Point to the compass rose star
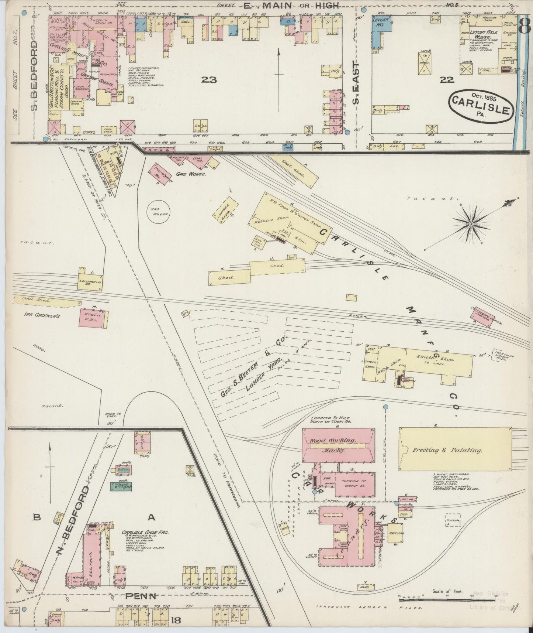pos(471,224)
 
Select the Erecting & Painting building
pos(455,449)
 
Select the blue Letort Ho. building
pos(378,31)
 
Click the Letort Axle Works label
pos(484,32)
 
